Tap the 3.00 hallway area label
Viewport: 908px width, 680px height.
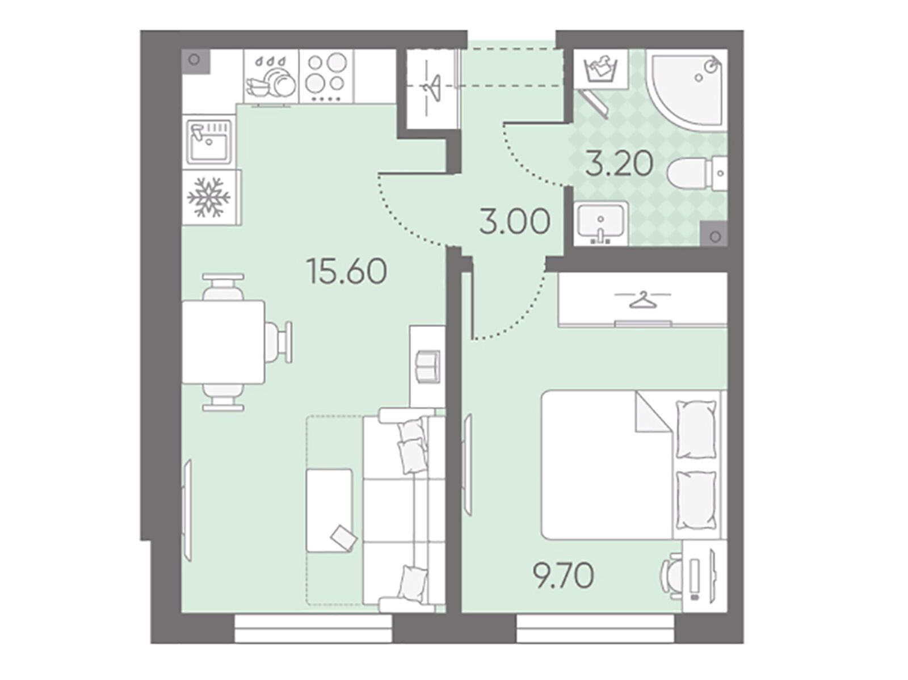tap(515, 222)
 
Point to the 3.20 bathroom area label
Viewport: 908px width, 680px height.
tap(619, 164)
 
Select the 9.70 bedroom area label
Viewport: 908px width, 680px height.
tap(564, 576)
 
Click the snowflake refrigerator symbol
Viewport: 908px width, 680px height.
tap(209, 197)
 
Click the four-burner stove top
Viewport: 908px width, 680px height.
tap(326, 77)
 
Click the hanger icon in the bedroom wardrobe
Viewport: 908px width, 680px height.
tap(642, 300)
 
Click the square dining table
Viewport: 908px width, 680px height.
tap(224, 342)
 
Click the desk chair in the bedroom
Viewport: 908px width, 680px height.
tap(671, 573)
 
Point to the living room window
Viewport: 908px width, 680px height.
tap(313, 631)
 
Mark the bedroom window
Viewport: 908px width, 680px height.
tap(595, 631)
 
